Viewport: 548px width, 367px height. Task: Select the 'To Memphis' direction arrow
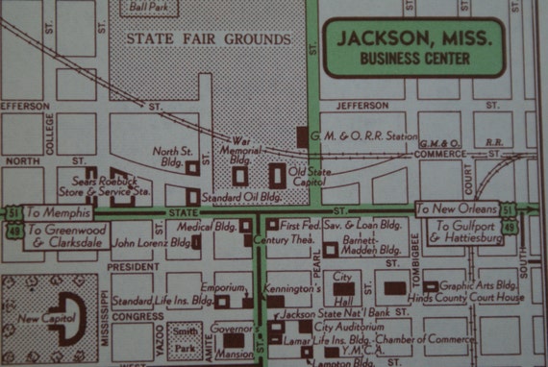pos(58,211)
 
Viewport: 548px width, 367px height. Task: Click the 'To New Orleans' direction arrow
pos(456,208)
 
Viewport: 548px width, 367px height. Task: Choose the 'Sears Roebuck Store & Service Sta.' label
pos(113,185)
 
